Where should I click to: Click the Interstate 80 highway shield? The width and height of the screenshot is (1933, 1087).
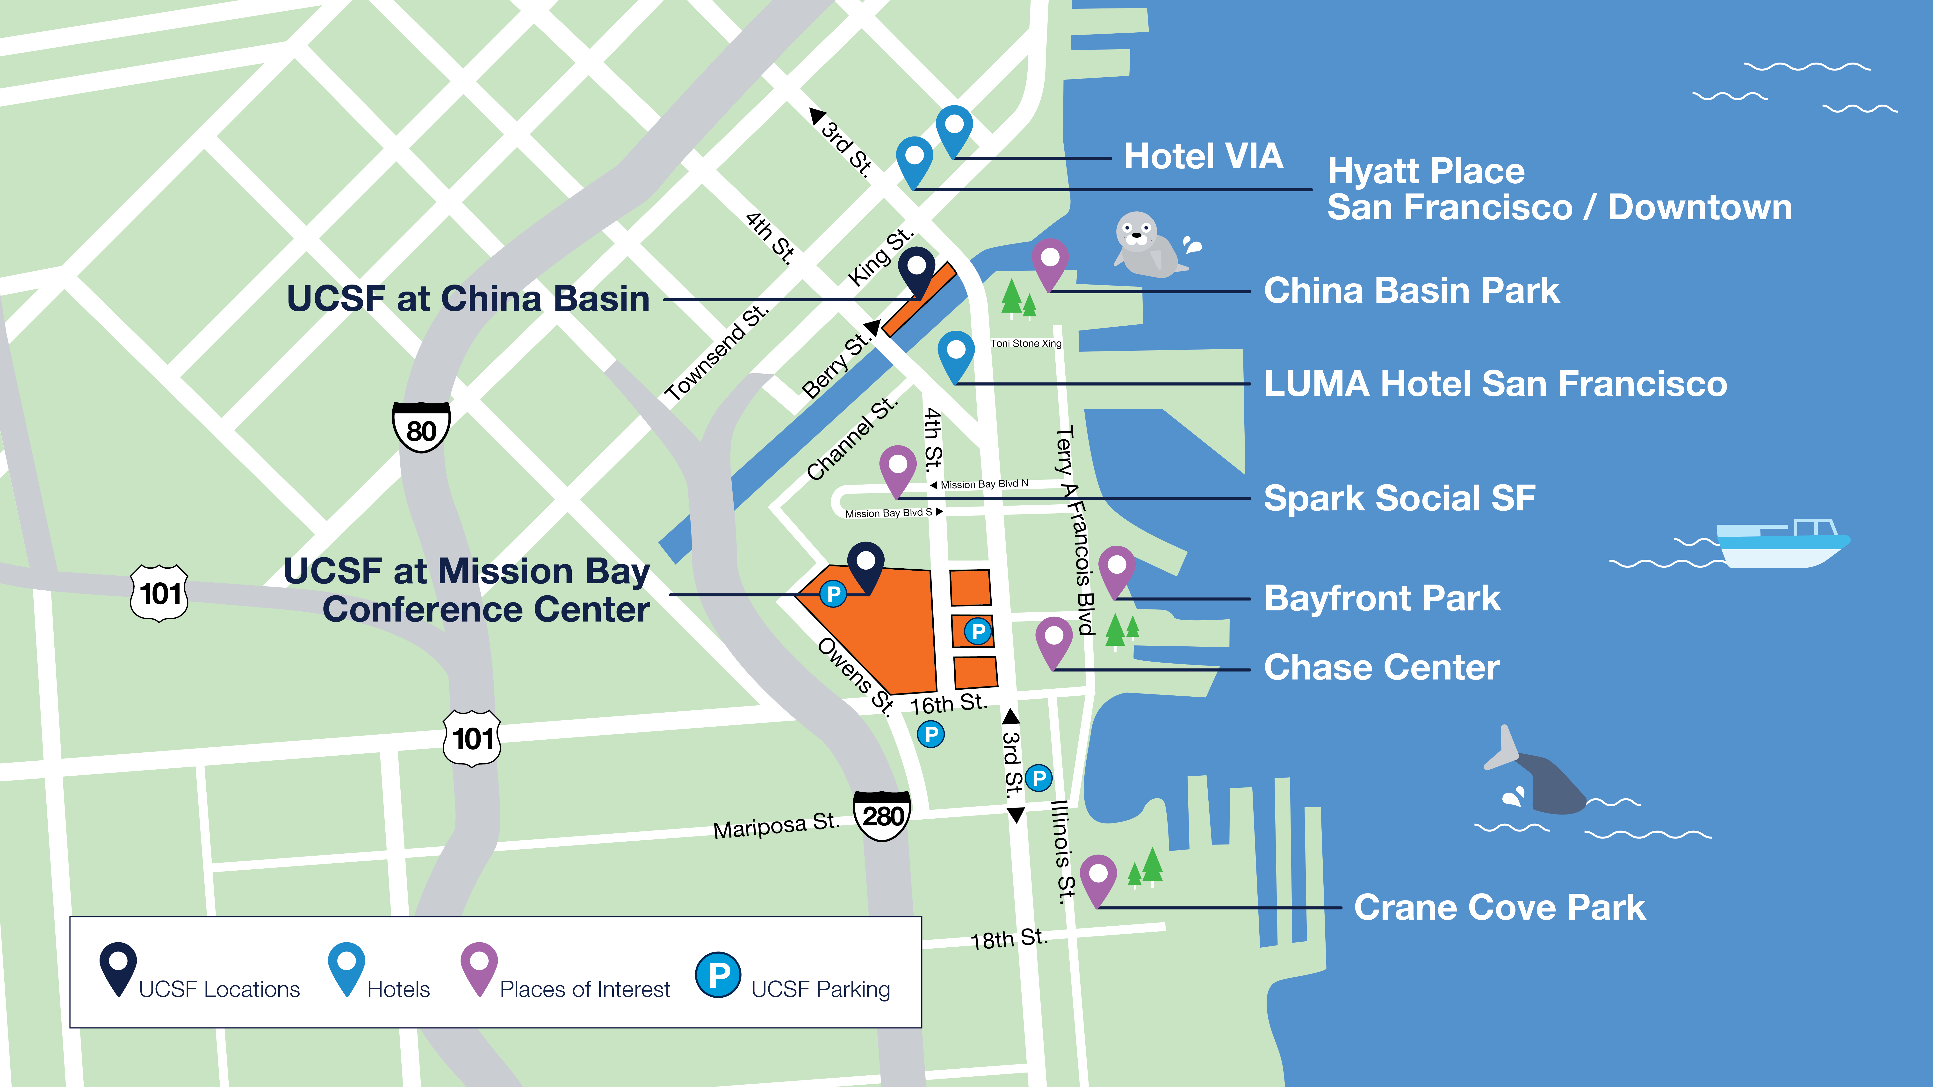[x=421, y=428]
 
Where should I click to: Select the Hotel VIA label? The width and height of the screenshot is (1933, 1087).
[x=1203, y=157]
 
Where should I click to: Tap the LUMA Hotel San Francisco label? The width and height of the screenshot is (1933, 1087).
[x=1495, y=384]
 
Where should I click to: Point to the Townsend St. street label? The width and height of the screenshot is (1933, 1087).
[x=717, y=353]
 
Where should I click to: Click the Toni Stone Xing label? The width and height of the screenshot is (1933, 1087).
[x=1026, y=343]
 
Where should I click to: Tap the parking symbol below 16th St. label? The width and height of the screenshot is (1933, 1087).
[x=930, y=734]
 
